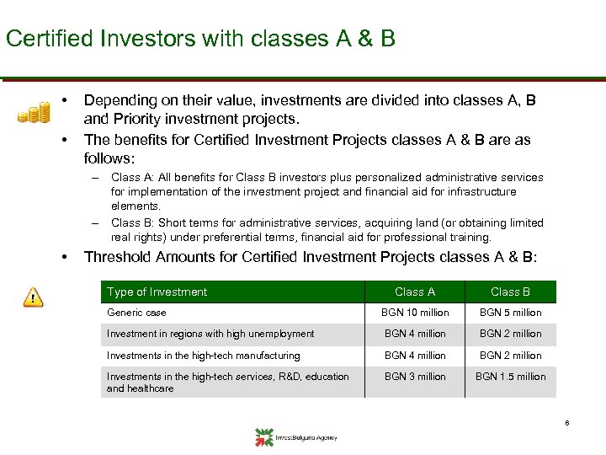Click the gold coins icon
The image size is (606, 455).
[34, 112]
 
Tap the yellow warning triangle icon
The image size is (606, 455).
[33, 297]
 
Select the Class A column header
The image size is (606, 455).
[415, 292]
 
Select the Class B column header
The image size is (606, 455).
[510, 292]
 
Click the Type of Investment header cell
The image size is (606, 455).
[157, 292]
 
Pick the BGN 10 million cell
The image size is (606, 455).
[415, 313]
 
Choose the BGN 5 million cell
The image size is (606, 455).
[510, 313]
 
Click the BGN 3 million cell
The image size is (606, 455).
[415, 377]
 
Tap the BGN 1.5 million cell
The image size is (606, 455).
[510, 377]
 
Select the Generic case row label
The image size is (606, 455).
[136, 313]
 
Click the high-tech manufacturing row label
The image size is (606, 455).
[203, 356]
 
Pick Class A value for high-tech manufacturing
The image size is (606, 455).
[415, 356]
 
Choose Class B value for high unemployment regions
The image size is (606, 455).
[510, 334]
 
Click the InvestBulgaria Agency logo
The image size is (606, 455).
[295, 436]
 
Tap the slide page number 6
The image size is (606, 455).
[567, 423]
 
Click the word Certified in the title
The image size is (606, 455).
[44, 38]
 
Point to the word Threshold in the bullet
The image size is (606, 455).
[119, 257]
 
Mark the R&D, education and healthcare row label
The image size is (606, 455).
[227, 383]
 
